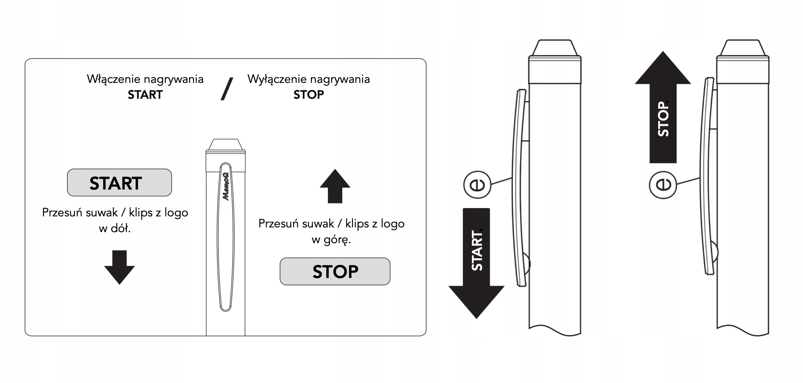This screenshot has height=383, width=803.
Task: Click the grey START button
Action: (x=119, y=183)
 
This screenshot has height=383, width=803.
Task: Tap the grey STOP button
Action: (x=335, y=272)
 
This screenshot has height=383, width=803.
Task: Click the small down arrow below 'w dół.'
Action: (x=119, y=267)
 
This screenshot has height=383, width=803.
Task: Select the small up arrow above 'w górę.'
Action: (x=335, y=186)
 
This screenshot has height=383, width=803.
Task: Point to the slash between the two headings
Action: (x=227, y=88)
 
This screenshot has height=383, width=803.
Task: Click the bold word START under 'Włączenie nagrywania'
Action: (x=145, y=95)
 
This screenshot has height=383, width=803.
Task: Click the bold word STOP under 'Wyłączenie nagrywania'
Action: (x=309, y=95)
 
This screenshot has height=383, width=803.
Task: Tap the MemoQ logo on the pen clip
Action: (x=226, y=186)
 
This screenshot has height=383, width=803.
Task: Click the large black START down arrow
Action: (x=476, y=263)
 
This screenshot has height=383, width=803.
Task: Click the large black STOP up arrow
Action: (x=663, y=107)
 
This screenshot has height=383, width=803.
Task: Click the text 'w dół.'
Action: (x=115, y=228)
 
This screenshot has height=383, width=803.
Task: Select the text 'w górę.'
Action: (x=331, y=240)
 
